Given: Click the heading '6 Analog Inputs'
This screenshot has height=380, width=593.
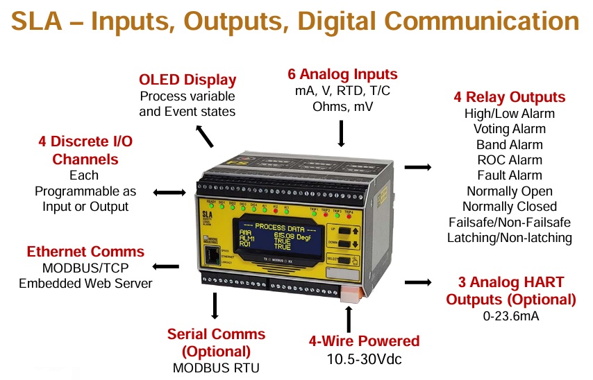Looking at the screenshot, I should tap(342, 74).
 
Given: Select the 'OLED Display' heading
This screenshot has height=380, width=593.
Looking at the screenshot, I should tap(187, 80).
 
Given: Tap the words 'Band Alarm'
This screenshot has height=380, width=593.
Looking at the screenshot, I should tap(509, 145).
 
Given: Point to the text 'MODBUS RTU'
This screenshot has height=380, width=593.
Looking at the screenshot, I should tap(216, 368).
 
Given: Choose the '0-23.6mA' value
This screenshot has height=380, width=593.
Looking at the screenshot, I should tap(510, 317).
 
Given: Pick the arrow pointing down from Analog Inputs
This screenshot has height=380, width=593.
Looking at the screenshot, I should tap(341, 133).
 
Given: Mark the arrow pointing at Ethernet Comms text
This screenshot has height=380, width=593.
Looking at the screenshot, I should tap(166, 266).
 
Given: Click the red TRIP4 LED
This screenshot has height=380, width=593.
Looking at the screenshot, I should tap(348, 217).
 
